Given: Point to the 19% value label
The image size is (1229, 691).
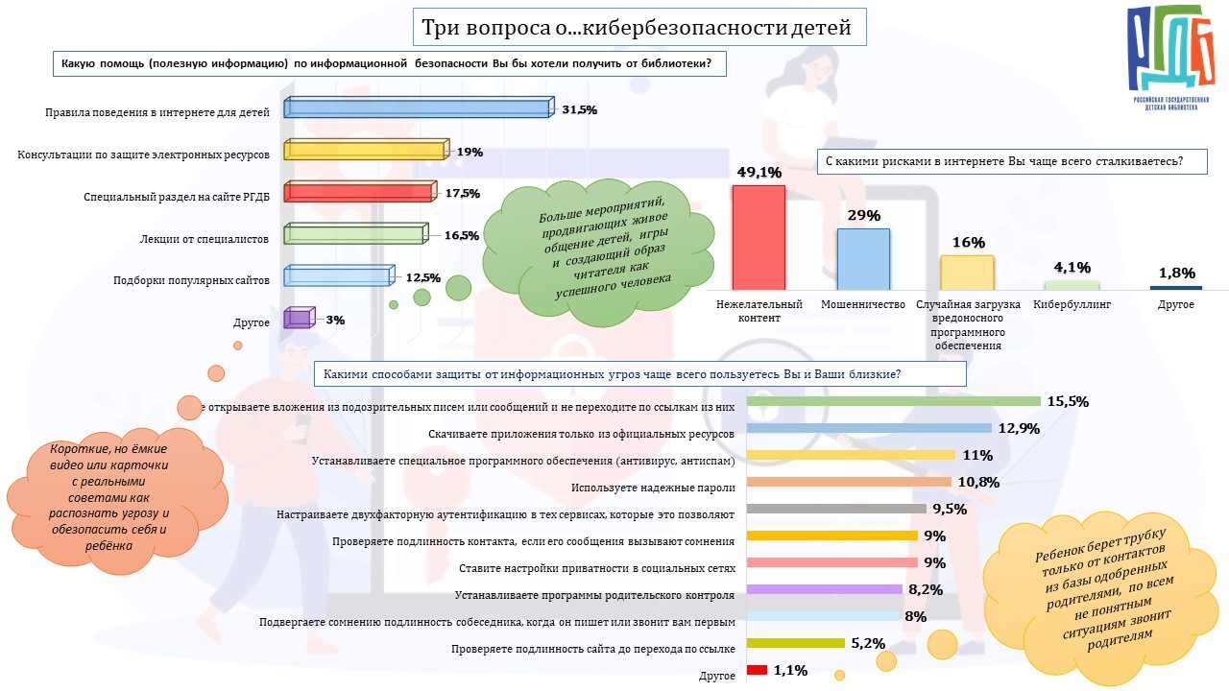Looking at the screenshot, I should pos(470,152).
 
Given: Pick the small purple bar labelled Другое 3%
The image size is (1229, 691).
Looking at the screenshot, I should pos(298,319).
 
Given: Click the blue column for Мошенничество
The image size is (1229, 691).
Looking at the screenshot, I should pos(863,258).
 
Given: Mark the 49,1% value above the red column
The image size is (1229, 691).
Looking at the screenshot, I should pos(759,173).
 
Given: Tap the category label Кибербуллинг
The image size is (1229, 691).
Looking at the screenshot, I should pos(1072,304).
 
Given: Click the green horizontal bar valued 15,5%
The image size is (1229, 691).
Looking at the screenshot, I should pos(893,401).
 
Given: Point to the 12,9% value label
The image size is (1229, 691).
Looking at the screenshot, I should pos(1020,428).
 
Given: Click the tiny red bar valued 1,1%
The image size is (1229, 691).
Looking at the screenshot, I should pos(757,670).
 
